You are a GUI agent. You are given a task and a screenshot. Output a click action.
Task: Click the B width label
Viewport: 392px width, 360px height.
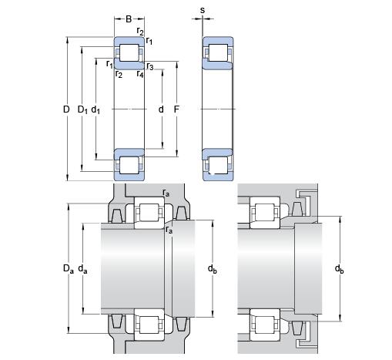[129, 19]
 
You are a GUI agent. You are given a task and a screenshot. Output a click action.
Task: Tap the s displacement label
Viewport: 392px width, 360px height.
[203, 10]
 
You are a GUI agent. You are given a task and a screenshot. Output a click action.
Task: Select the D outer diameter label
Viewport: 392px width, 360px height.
[66, 109]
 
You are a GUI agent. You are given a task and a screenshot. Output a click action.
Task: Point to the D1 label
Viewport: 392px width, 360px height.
[82, 110]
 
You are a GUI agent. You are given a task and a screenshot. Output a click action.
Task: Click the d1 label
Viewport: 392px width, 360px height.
[95, 110]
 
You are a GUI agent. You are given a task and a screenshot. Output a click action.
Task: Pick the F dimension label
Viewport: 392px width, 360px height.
[176, 109]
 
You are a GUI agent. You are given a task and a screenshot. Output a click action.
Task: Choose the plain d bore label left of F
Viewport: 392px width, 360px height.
[161, 109]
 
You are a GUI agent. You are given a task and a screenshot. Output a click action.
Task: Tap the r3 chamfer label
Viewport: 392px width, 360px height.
[150, 66]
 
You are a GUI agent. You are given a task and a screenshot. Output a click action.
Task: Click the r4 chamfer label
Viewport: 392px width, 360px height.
[140, 74]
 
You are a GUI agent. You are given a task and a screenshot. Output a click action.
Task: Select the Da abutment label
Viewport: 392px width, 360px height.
[69, 269]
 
